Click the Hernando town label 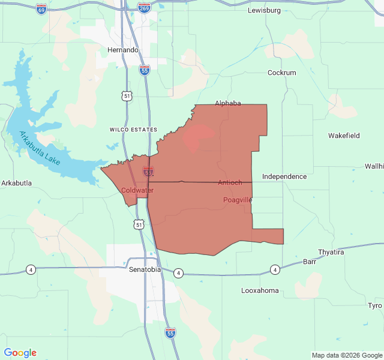tap(123, 50)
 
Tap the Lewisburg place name tap(265, 11)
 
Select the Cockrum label tap(281, 73)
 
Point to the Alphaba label tap(227, 103)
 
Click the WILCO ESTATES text tap(133, 130)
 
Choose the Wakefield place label tap(344, 136)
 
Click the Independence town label tap(284, 176)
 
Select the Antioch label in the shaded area tap(230, 182)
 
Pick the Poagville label tap(238, 199)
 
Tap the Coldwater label tap(137, 190)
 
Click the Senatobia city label tap(145, 269)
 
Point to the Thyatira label tap(331, 252)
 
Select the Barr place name tap(310, 262)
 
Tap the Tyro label tap(375, 305)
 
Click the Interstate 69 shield tap(41, 11)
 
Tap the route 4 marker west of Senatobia tap(31, 269)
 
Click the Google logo tap(20, 353)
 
